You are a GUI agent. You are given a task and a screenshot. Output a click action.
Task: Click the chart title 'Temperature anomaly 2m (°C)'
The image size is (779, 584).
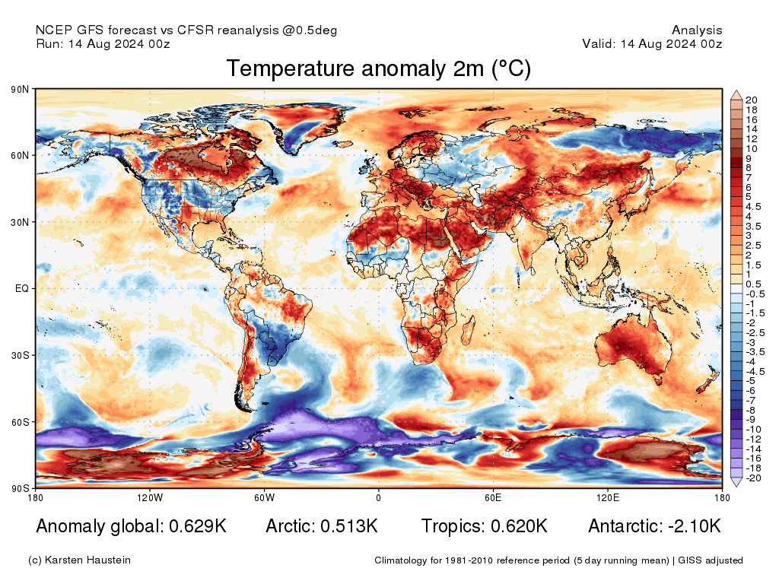[x=378, y=69]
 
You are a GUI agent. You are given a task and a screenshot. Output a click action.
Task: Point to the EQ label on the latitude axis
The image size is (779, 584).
[x=22, y=289]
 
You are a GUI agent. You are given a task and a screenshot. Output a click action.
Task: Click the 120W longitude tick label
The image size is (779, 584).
[x=150, y=498]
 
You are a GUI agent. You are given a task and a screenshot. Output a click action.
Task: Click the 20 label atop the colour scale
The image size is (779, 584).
[x=751, y=100]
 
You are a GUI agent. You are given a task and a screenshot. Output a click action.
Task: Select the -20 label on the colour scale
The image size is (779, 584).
[x=752, y=478]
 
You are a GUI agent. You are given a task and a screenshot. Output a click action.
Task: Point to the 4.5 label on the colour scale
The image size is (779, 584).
[x=753, y=206]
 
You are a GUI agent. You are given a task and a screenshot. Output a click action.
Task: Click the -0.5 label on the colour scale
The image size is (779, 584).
[x=755, y=294]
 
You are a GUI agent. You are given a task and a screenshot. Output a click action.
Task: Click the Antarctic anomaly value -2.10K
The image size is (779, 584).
[x=690, y=526]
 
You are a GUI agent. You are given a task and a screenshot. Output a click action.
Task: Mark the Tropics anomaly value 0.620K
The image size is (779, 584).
[x=518, y=526]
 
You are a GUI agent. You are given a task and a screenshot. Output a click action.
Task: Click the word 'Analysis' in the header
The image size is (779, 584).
[x=697, y=30]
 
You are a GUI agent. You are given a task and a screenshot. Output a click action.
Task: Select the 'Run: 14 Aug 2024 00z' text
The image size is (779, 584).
[x=103, y=44]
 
